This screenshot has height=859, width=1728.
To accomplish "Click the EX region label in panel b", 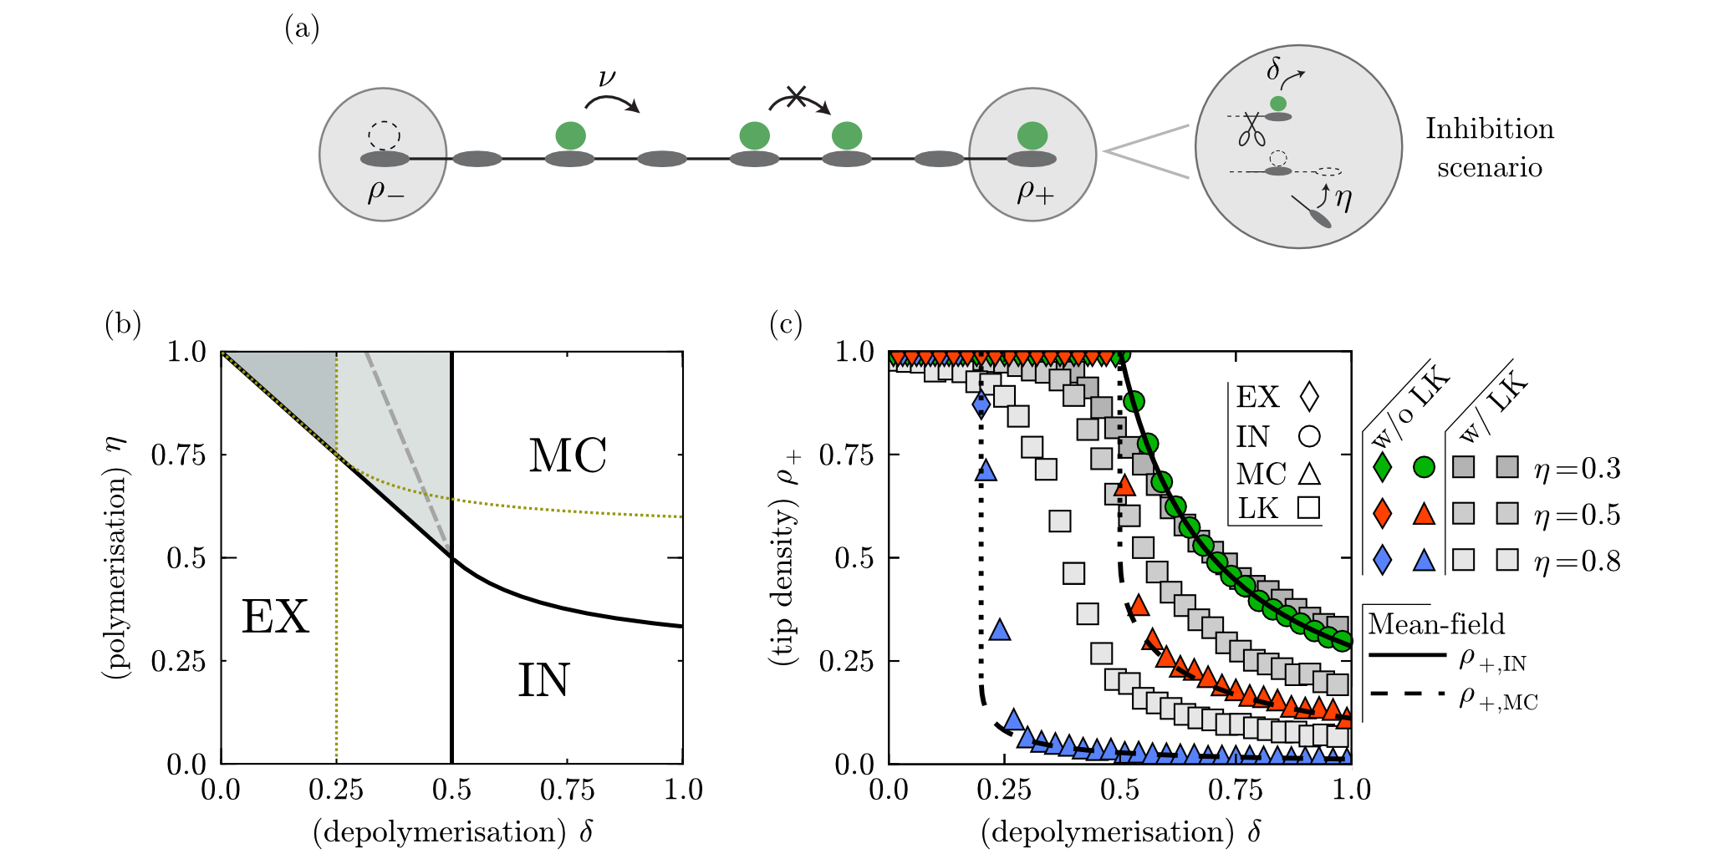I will (275, 618).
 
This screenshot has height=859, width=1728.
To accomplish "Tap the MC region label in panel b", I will (568, 456).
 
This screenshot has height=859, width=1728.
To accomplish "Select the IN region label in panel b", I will (543, 680).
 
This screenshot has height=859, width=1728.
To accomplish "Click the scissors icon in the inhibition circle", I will (1251, 130).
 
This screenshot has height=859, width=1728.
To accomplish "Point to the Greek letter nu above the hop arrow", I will (607, 79).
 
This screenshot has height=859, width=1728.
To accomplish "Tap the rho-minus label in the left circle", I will (385, 193).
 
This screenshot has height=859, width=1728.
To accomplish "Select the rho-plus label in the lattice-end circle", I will (1035, 193).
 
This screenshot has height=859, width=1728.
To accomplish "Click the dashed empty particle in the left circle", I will (384, 135).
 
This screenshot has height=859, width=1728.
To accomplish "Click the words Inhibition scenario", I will (1489, 148).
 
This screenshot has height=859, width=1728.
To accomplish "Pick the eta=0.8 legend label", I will (1577, 561).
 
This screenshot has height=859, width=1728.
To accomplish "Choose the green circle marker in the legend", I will (1424, 467).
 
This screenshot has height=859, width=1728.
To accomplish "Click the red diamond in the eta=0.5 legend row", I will (1383, 513).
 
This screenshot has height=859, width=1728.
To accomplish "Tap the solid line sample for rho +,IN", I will (1407, 655).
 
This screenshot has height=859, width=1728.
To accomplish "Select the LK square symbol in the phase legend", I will (1309, 507).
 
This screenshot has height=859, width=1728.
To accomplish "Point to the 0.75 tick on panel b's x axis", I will (567, 790).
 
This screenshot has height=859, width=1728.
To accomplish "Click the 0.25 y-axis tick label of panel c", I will (846, 661).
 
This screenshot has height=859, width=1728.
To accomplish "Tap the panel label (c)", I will (785, 323).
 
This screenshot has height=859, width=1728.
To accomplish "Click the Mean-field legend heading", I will (1435, 624).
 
